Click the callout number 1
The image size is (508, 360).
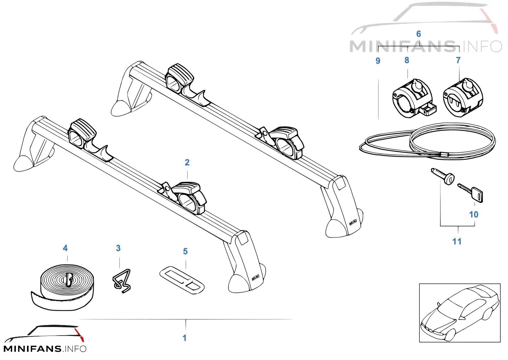pos(184,338)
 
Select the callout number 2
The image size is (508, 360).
pos(187,162)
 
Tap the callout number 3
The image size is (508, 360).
pos(118,248)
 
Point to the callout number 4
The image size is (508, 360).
pos(65,248)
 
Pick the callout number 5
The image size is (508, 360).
pos(185,251)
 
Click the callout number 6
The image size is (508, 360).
pos(419,34)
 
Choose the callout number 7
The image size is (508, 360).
pos(458,60)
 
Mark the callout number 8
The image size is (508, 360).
pos(407,60)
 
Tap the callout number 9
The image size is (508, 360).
pos(378,61)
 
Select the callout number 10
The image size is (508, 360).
pos(474,215)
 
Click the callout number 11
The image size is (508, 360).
pos(457,242)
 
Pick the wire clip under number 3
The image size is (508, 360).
pos(122,281)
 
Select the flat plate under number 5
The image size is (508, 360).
pos(182,280)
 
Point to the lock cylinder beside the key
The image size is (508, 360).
pos(443,176)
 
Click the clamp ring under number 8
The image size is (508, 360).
pos(414,98)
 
